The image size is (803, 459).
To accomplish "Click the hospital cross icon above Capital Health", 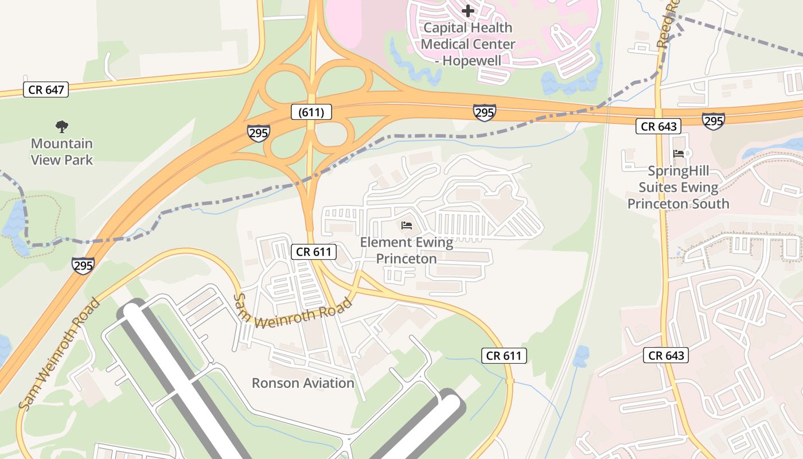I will (x=468, y=10).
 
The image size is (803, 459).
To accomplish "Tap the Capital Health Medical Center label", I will (x=468, y=44).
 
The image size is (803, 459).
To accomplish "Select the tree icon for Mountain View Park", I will (x=62, y=126).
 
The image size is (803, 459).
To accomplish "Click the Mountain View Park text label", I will (x=62, y=151).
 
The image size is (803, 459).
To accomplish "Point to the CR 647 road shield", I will (x=45, y=90).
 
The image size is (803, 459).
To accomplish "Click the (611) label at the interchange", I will (x=311, y=112).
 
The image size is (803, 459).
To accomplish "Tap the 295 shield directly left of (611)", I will (x=259, y=133).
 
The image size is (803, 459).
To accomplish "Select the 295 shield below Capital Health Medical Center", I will (x=485, y=112).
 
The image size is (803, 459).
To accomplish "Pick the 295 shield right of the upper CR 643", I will (x=713, y=120).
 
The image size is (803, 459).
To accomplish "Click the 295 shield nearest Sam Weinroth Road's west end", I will (x=83, y=265).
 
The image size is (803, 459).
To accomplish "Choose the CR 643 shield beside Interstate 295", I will (x=658, y=126).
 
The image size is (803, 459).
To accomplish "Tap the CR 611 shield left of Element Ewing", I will (x=313, y=251).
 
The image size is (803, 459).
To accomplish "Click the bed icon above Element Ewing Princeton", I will (x=407, y=225).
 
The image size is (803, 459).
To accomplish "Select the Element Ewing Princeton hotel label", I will (x=406, y=251).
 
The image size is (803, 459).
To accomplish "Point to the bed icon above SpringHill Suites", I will (x=679, y=153).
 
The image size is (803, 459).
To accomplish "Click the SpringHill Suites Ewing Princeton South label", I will (x=679, y=187).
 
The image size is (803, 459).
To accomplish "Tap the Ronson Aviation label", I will (x=303, y=383).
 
